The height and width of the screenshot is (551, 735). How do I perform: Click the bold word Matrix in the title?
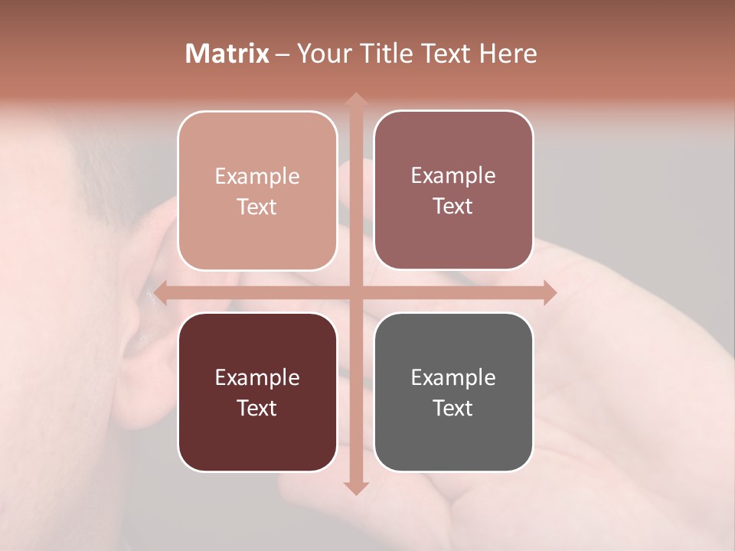coord(227,54)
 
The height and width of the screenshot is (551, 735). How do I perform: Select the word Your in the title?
coord(323,54)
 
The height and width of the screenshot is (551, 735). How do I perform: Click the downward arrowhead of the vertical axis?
coord(354,487)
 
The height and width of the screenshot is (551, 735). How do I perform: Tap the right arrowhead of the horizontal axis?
coord(549,292)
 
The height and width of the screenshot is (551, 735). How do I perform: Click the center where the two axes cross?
coord(354,292)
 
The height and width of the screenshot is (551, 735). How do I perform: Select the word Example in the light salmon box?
coord(257,177)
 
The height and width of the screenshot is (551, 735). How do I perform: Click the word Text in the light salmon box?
coord(257,207)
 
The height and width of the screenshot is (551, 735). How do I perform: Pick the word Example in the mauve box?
coord(453,176)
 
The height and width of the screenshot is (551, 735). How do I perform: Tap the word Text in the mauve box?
coord(453,207)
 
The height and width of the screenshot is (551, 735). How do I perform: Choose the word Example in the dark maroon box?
coord(257,378)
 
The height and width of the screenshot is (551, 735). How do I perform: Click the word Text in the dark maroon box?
coord(257,409)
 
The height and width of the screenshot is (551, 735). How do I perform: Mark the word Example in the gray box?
coord(453,378)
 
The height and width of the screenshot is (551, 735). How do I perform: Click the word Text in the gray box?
coord(453,409)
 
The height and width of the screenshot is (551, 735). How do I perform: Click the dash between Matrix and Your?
coord(283,54)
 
